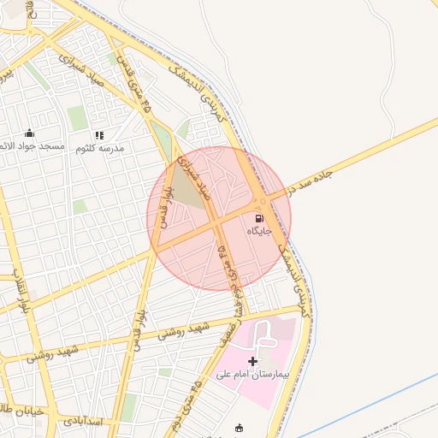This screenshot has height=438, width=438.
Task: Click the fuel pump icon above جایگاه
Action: click(x=259, y=218)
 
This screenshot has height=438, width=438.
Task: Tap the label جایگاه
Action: click(x=259, y=231)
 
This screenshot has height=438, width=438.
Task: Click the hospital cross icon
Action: click(x=252, y=362)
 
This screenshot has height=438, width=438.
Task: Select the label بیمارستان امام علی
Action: click(x=252, y=375)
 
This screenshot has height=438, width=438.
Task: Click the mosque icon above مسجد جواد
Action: click(x=30, y=133)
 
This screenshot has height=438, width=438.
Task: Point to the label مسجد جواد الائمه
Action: click(x=33, y=146)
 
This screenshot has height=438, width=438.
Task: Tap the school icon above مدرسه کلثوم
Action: click(x=99, y=135)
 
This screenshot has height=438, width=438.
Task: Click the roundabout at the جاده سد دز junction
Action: click(x=262, y=202)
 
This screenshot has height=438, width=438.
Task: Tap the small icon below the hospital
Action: click(x=239, y=428)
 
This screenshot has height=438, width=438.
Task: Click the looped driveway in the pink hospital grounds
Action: click(x=261, y=334)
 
